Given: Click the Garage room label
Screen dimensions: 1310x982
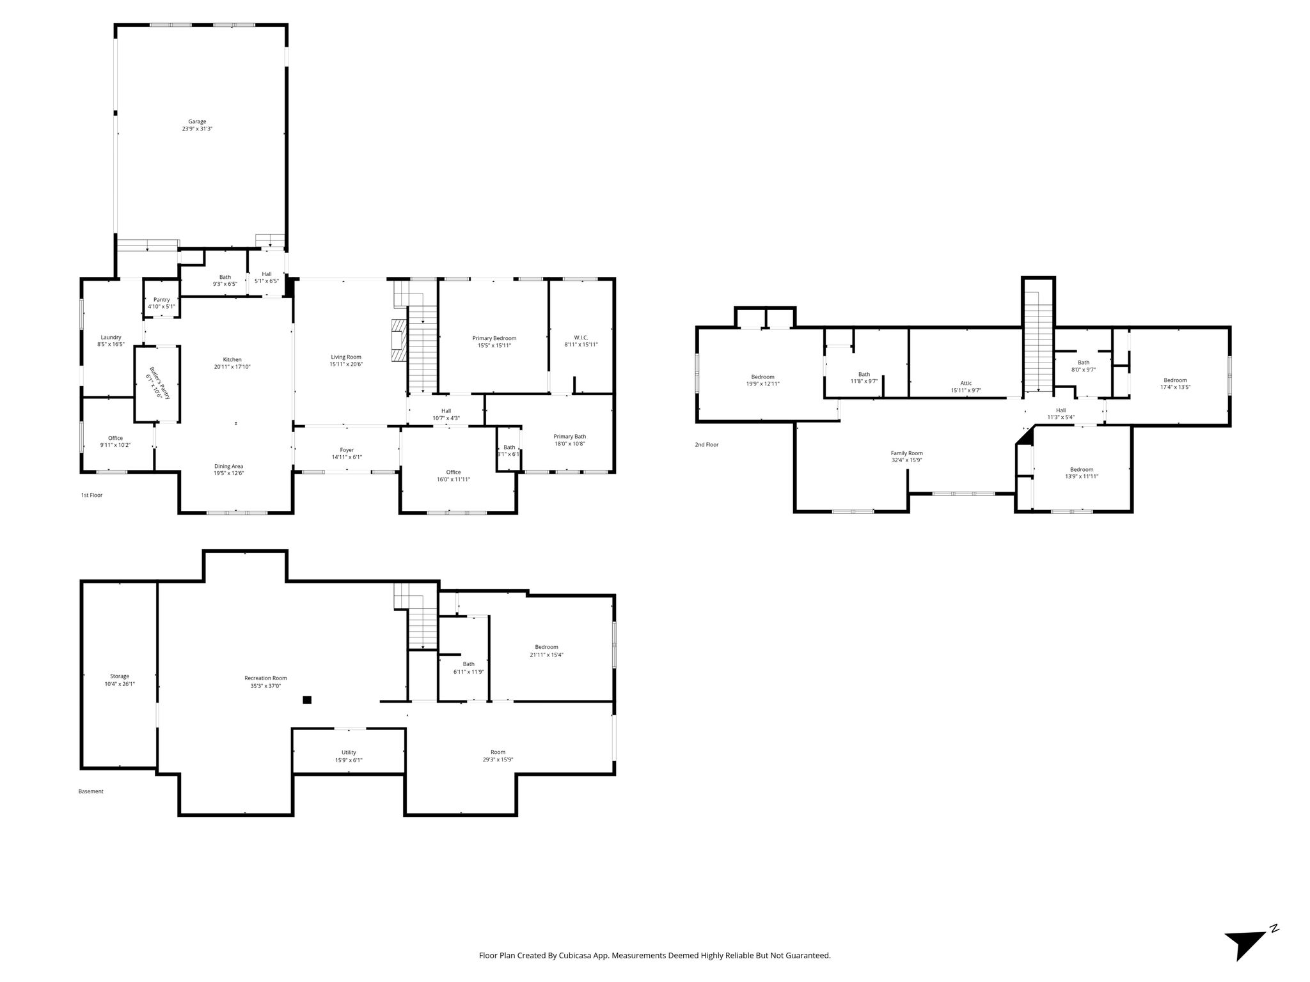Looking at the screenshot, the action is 197,121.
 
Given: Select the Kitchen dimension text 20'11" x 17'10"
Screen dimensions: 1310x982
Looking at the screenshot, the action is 232,367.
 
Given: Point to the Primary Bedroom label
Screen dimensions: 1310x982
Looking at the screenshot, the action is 494,338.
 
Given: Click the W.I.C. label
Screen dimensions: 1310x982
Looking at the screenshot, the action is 581,338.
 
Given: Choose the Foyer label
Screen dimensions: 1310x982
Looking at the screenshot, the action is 347,450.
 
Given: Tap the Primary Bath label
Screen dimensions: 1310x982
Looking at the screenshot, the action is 570,437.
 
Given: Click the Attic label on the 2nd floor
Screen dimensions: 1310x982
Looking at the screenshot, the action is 966,383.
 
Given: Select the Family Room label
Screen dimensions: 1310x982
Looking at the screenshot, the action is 907,453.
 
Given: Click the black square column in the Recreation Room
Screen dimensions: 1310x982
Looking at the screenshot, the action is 307,700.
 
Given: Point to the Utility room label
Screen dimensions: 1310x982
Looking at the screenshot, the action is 349,752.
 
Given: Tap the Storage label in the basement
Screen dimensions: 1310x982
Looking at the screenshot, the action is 120,676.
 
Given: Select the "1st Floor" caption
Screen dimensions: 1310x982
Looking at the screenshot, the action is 91,495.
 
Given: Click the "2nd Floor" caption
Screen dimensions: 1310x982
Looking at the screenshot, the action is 707,444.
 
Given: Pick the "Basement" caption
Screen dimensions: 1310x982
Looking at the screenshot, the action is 91,791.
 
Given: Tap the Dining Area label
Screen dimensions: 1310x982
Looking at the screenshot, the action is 229,466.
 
